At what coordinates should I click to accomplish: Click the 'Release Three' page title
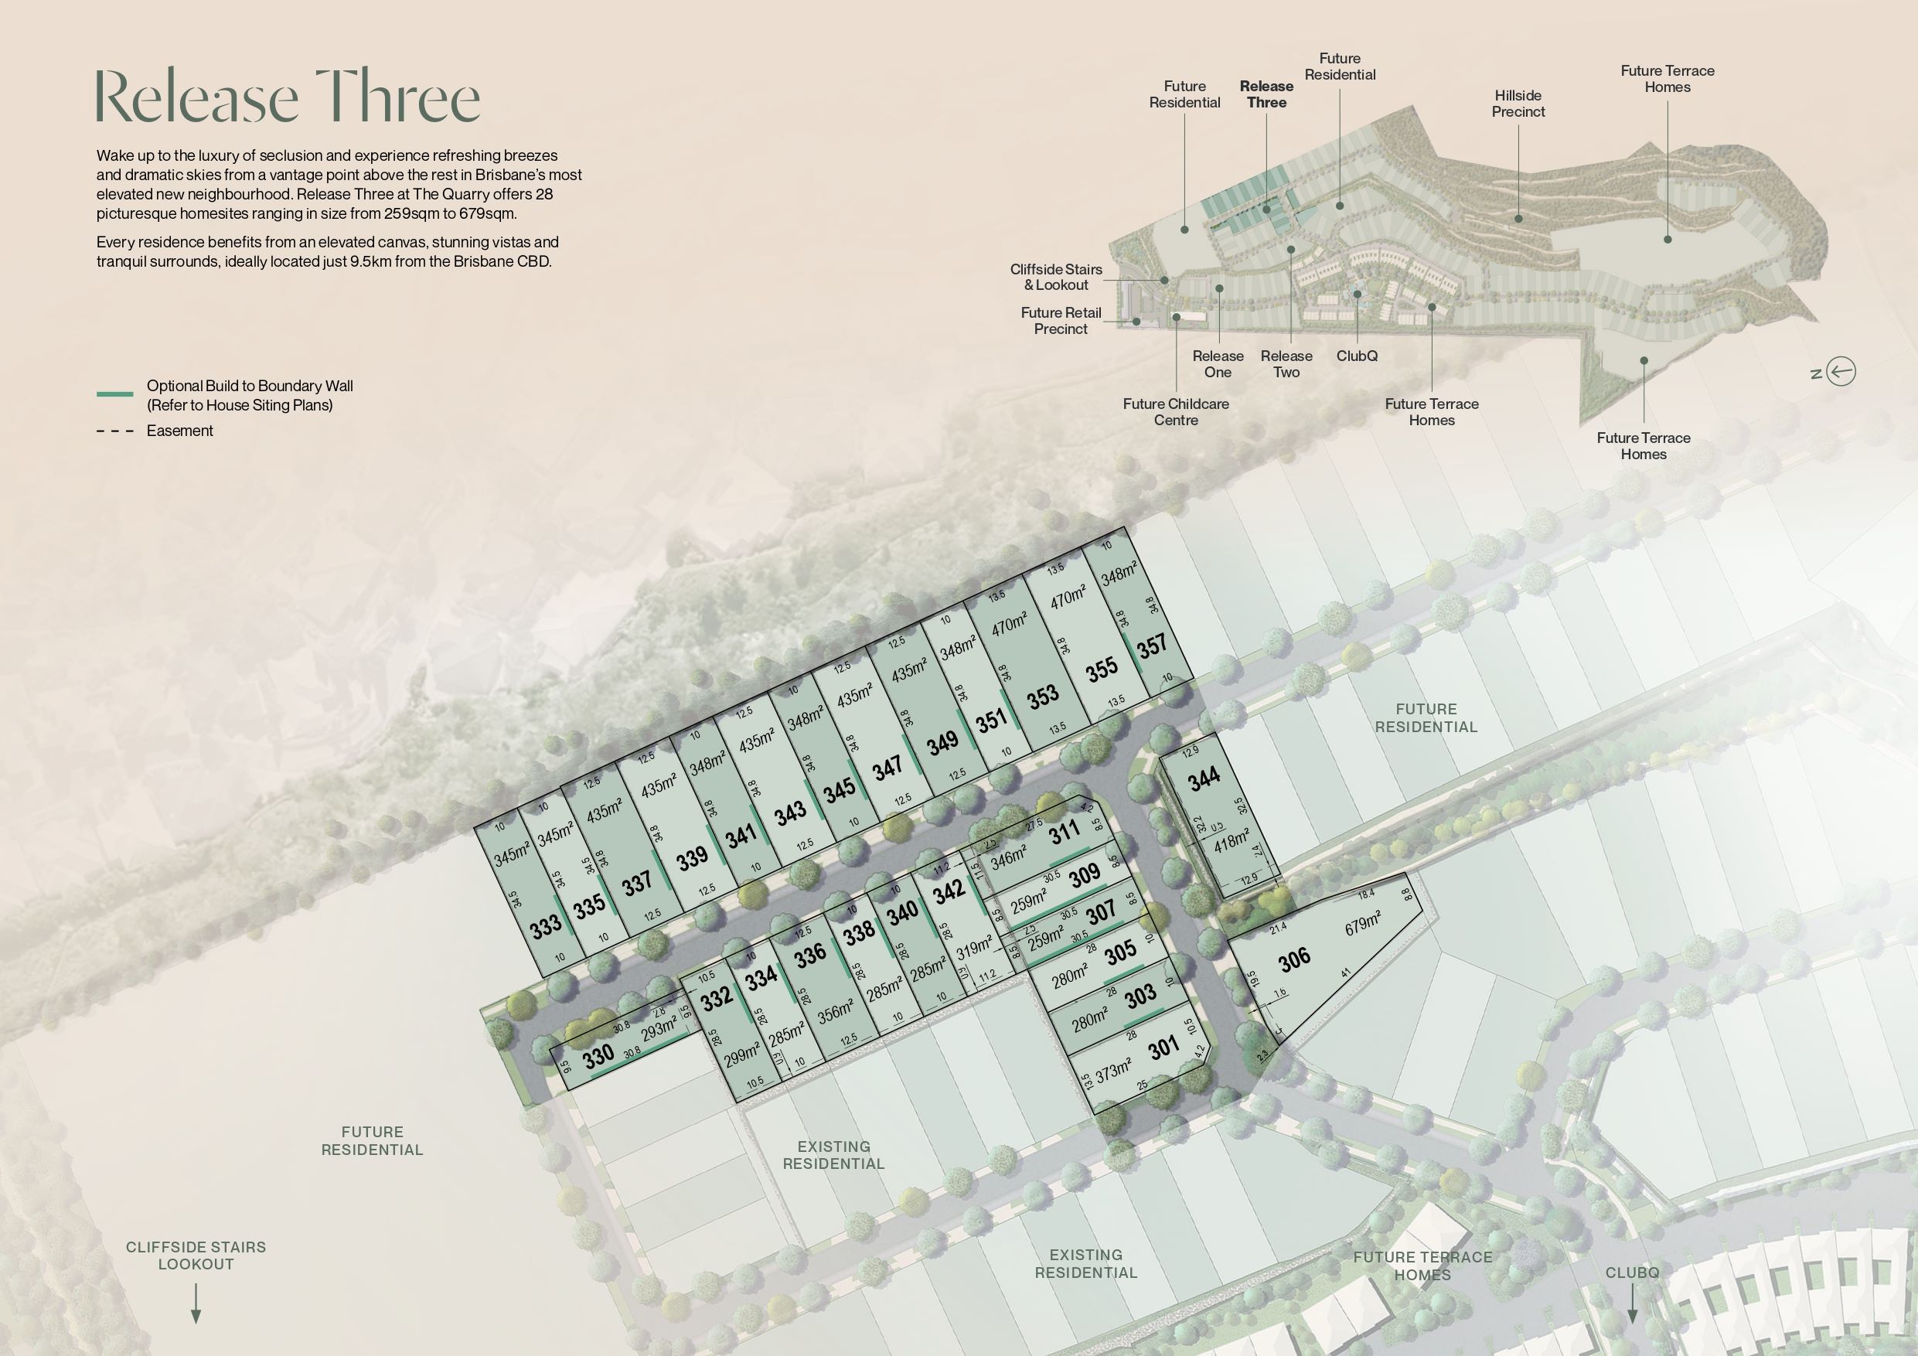288,97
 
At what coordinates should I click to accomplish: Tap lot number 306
1294,960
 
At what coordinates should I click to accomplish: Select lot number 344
1204,779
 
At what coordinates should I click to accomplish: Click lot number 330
598,1058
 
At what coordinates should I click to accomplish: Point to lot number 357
1152,646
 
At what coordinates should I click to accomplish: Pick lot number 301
1163,1048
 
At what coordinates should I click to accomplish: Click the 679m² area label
1362,924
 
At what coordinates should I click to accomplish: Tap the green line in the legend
114,394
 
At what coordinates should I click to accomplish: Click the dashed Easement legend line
114,432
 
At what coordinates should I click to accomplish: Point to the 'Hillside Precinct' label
1518,104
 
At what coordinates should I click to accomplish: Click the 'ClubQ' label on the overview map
1357,356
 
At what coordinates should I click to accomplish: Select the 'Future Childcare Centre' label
1175,412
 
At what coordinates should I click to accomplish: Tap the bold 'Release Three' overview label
1266,94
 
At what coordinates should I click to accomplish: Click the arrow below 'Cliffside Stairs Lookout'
196,1303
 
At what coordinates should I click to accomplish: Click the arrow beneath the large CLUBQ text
1631,1303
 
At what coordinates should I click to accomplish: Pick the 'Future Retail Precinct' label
1061,321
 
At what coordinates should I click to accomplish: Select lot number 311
1065,832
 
